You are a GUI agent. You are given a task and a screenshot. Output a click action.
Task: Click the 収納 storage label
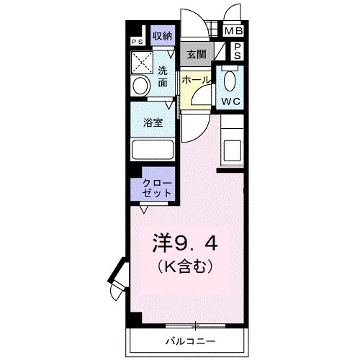point(162,36)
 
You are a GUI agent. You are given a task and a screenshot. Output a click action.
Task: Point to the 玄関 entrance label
point(197,53)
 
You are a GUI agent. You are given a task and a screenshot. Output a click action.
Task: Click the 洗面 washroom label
point(163,76)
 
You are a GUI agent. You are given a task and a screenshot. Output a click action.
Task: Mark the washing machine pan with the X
point(141,60)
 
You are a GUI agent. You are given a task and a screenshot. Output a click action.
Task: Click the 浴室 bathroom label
point(152,122)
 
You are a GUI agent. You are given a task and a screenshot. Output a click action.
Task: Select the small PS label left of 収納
point(136,41)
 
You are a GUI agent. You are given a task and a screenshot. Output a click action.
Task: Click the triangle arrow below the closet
point(145,210)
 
